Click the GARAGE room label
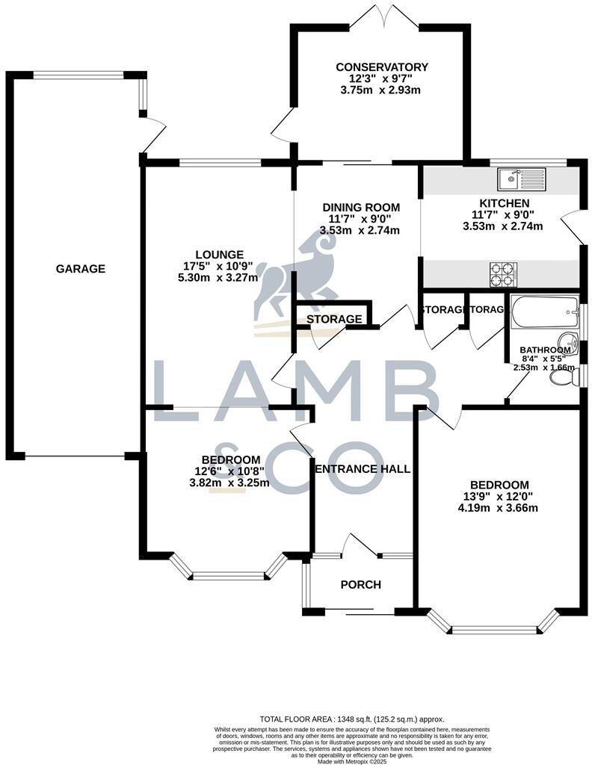click(80, 269)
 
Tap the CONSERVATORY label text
click(381, 67)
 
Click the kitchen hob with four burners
click(502, 274)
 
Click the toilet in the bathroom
click(562, 378)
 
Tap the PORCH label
click(360, 584)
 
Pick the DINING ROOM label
click(360, 207)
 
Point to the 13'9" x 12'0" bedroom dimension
click(499, 496)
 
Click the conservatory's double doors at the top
click(381, 15)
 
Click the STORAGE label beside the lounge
click(334, 319)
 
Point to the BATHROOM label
click(545, 350)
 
